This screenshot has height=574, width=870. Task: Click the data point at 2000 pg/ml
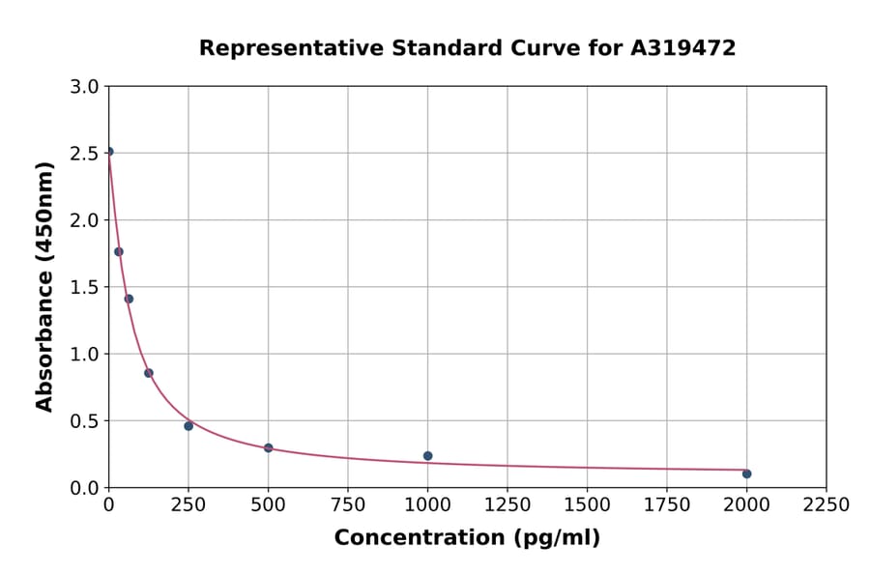746,474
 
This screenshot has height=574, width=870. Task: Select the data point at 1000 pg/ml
427,456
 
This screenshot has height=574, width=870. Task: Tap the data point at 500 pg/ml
268,448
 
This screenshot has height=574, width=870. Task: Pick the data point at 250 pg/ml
188,426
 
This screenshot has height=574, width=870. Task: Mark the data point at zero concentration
109,152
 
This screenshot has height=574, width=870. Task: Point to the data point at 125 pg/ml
149,373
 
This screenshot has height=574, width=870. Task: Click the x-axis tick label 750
348,505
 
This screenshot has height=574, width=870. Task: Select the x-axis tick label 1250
507,505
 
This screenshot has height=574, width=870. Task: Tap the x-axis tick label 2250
826,505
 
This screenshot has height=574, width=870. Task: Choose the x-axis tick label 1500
587,505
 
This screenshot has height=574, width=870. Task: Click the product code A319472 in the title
683,48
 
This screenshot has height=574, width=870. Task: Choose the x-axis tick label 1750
667,505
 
